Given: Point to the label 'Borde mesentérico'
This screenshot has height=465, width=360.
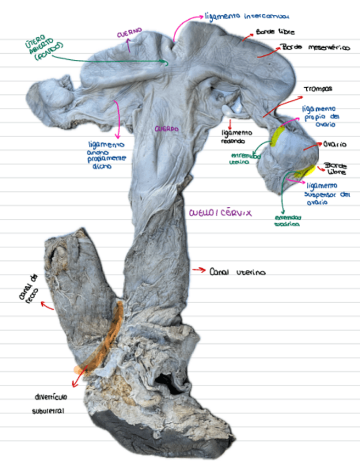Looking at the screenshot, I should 315,48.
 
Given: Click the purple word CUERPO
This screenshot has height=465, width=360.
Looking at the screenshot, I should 166,129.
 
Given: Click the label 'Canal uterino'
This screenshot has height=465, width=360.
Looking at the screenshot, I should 238,271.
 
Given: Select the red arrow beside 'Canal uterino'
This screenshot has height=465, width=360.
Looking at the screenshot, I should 198,270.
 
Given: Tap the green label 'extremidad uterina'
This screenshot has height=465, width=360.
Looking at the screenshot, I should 245,157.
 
